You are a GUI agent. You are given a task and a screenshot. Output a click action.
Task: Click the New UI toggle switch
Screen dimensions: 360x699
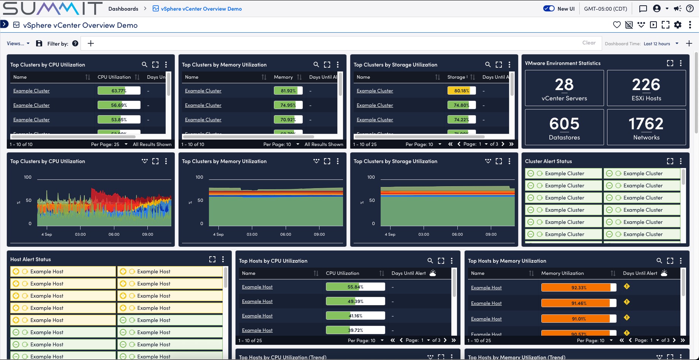(549, 8)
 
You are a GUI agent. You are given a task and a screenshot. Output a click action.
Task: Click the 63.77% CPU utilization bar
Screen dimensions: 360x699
(119, 90)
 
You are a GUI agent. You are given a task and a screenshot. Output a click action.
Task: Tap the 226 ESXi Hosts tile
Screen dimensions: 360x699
(646, 88)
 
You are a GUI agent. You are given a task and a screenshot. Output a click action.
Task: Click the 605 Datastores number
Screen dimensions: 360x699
(564, 124)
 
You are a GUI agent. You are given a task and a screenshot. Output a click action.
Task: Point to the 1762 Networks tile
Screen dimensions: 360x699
(646, 127)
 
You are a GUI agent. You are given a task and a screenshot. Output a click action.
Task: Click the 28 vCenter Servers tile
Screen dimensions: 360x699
(564, 88)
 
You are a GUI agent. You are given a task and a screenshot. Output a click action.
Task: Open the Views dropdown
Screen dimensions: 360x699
(18, 43)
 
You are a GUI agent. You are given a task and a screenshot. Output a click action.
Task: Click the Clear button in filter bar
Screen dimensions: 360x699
(589, 43)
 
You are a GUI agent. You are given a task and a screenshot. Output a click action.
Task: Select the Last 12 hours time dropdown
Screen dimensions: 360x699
(661, 44)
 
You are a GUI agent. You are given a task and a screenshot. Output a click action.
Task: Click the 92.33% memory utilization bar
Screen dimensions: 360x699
(579, 287)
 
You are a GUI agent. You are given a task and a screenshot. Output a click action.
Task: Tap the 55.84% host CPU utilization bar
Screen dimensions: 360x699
(355, 287)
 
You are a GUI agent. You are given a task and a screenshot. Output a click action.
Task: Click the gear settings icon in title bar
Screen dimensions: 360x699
(678, 25)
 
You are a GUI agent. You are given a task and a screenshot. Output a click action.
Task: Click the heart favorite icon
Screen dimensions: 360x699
(617, 25)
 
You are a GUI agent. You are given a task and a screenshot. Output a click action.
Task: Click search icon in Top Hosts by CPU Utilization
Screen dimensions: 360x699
(430, 261)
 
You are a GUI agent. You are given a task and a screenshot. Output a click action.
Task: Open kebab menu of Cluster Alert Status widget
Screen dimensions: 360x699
(681, 161)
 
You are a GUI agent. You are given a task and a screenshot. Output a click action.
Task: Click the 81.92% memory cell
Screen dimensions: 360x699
(288, 90)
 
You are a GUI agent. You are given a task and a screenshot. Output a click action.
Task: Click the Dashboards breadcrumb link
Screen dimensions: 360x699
(123, 9)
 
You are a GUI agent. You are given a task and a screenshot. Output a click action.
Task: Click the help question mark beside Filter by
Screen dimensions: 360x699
(75, 43)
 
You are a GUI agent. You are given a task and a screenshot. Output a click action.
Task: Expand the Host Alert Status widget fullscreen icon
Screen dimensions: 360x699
(212, 259)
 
